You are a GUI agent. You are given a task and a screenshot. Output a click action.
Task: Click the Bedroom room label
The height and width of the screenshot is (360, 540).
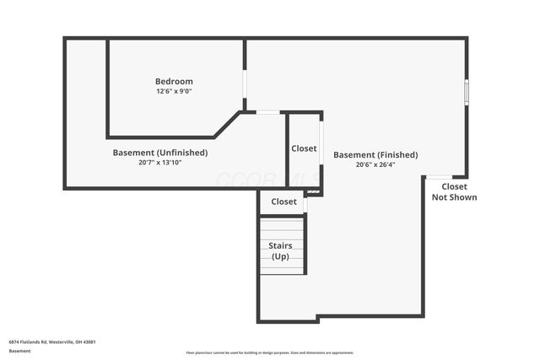click(x=174, y=82)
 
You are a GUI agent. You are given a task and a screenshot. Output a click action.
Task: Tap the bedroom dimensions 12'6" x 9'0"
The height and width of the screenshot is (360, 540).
click(x=174, y=91)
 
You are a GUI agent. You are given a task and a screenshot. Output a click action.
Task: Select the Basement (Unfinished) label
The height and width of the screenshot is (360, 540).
click(x=160, y=153)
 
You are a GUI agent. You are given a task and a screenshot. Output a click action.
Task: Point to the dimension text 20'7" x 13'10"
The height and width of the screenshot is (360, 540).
click(x=160, y=163)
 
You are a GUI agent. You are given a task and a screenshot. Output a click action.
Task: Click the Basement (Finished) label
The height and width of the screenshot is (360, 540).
click(x=375, y=155)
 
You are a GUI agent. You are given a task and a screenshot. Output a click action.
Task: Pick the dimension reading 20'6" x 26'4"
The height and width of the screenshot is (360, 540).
click(x=375, y=165)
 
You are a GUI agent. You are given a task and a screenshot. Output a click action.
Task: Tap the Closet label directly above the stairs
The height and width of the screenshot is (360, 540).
click(x=283, y=202)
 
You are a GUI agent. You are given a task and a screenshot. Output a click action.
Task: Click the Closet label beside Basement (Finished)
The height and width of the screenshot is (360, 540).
click(x=304, y=148)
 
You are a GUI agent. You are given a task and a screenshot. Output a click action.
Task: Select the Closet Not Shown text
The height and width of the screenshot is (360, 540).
click(x=454, y=192)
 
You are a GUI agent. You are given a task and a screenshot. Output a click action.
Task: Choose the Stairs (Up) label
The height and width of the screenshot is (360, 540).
click(x=281, y=250)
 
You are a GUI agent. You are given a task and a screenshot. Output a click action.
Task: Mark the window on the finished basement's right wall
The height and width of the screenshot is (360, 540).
click(x=467, y=91)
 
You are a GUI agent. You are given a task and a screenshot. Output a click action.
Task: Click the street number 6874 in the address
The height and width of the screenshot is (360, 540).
click(x=15, y=341)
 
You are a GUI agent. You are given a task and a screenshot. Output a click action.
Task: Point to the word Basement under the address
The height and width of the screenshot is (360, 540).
click(x=19, y=351)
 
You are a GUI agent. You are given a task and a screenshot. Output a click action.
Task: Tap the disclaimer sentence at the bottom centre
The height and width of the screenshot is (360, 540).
click(x=270, y=352)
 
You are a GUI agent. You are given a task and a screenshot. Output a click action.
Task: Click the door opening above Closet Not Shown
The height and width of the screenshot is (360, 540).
click(x=438, y=177)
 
